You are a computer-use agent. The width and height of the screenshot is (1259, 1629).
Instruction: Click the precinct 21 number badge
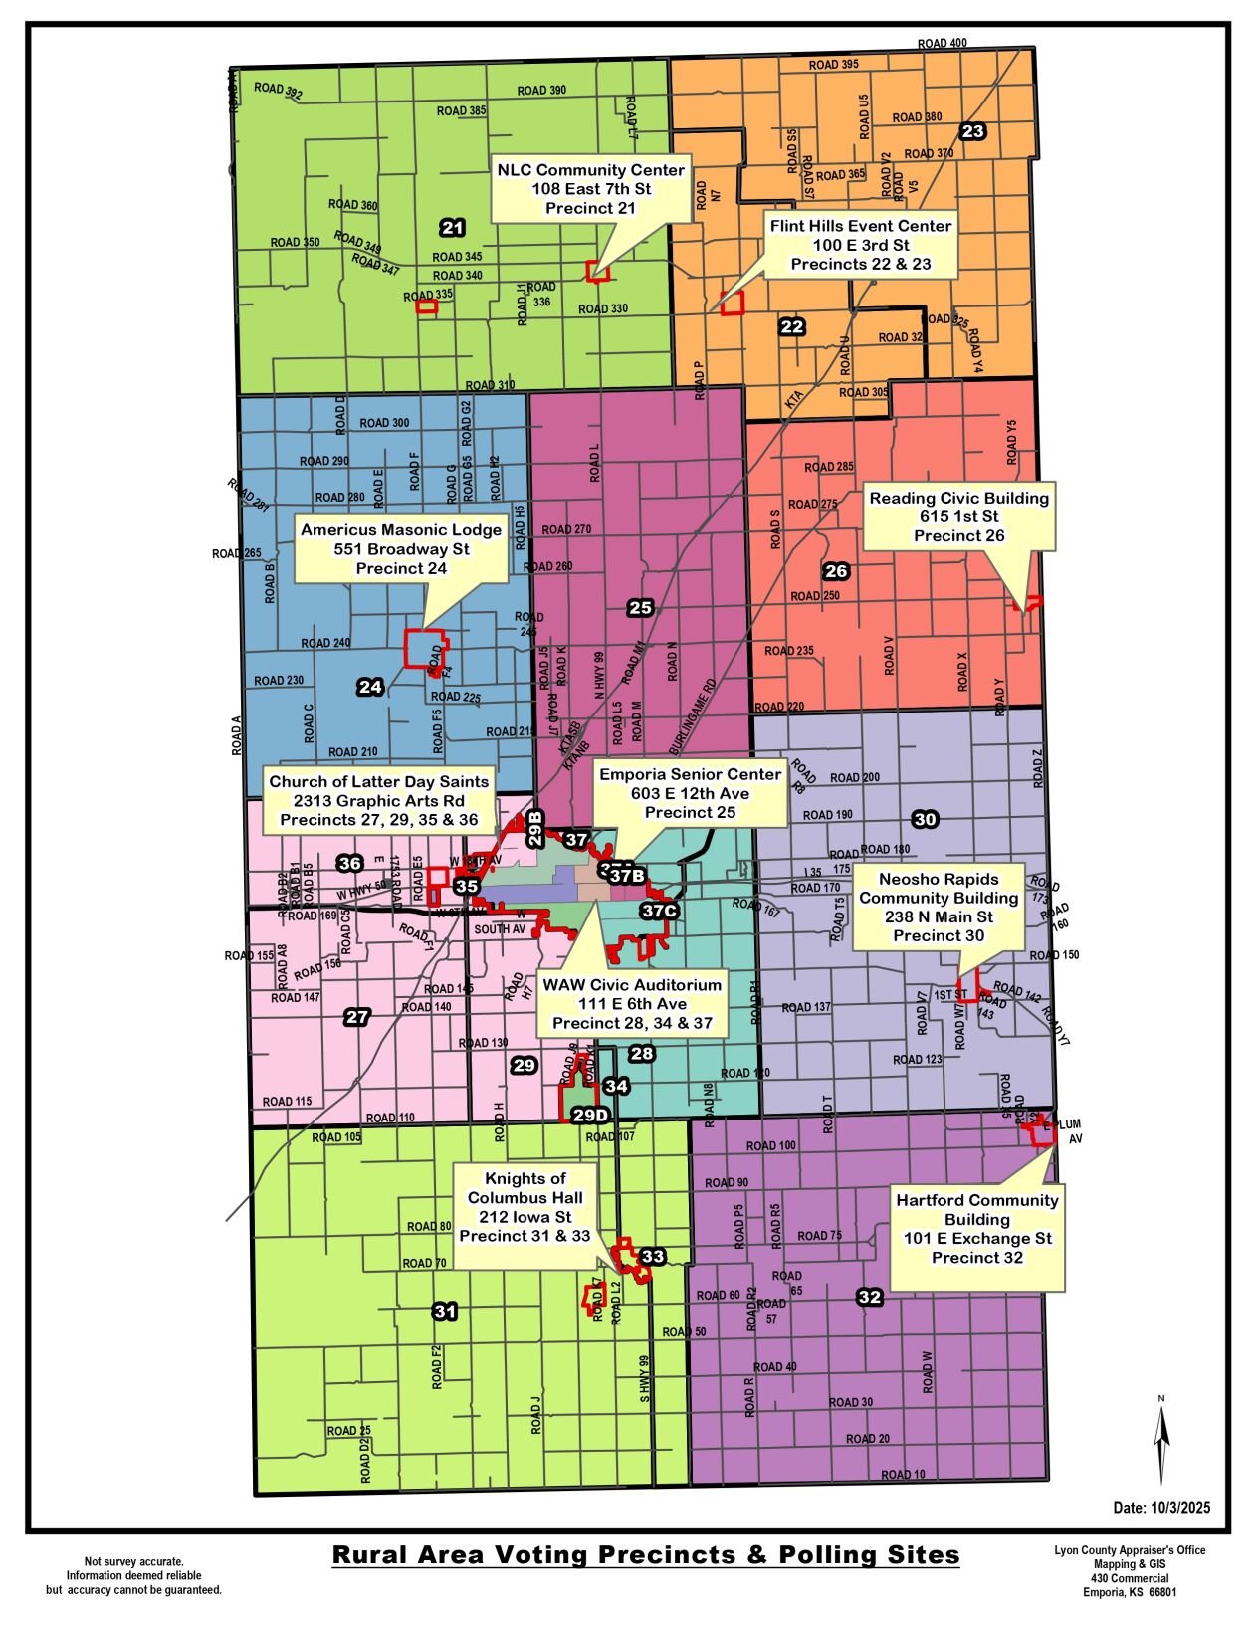click(x=452, y=228)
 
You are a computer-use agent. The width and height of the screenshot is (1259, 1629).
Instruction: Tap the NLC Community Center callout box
click(x=590, y=189)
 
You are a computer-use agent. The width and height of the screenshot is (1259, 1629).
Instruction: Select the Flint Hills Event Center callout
click(x=860, y=245)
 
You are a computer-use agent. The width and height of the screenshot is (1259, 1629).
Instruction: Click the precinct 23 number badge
click(x=972, y=131)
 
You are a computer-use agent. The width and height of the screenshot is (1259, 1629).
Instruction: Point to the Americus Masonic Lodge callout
click(x=401, y=549)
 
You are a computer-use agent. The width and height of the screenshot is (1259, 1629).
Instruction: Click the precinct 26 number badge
click(x=836, y=570)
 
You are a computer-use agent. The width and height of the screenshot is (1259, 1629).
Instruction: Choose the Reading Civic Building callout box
click(x=958, y=516)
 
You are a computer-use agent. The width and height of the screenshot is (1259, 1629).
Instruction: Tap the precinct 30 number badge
click(x=925, y=819)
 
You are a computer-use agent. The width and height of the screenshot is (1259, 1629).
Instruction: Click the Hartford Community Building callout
click(x=976, y=1229)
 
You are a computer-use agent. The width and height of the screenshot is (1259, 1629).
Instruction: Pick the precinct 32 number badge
click(x=869, y=1297)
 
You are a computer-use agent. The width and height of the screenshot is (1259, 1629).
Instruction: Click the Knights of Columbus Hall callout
click(x=525, y=1207)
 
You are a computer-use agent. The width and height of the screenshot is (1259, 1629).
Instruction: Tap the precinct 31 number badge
click(x=444, y=1311)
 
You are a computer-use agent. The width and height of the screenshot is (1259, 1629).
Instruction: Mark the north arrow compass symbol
click(x=1160, y=1440)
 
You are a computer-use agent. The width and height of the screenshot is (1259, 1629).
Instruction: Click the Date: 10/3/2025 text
click(x=1161, y=1508)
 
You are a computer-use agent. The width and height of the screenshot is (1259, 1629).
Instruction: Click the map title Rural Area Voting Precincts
click(x=645, y=1554)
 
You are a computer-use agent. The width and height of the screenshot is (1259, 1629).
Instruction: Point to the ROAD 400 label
click(x=942, y=43)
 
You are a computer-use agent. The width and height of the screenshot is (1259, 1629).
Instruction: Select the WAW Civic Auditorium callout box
click(x=632, y=1003)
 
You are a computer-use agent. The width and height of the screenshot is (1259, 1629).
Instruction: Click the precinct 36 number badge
click(x=349, y=863)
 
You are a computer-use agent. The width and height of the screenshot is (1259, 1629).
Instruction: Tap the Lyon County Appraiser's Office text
click(x=1129, y=1550)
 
